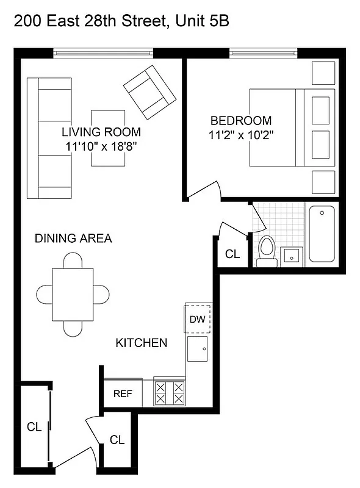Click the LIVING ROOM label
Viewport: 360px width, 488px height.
[101, 132]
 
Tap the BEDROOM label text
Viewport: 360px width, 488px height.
[241, 120]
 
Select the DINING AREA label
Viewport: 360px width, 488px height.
[73, 239]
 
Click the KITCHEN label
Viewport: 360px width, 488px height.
[141, 343]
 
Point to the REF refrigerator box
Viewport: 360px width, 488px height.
[123, 393]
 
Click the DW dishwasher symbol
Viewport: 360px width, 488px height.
[198, 318]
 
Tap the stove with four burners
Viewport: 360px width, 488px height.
[170, 392]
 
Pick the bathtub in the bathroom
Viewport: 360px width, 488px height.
[322, 234]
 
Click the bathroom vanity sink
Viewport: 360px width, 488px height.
[292, 256]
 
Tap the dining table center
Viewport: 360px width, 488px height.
[72, 295]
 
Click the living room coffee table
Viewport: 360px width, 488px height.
[109, 138]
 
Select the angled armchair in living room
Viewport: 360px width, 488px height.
[148, 92]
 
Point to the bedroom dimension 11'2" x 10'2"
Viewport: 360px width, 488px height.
[241, 135]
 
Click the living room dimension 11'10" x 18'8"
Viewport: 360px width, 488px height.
[101, 146]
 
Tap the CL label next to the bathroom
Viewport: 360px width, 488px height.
[232, 254]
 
